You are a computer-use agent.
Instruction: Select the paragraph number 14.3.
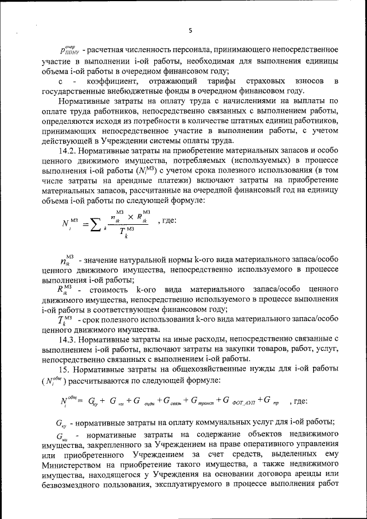69,339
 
